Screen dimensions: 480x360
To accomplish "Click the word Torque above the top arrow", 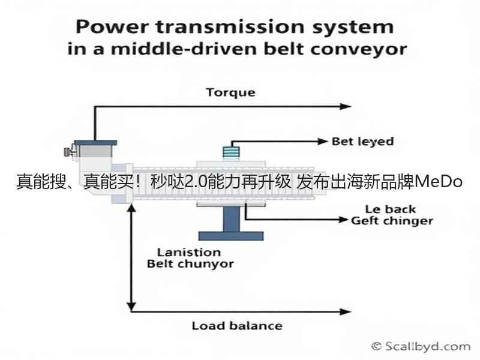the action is [x=230, y=93].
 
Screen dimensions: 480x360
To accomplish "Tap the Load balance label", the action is [x=237, y=326].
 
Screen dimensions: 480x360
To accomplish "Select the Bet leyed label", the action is [x=363, y=142].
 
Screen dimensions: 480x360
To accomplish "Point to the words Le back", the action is [x=391, y=209].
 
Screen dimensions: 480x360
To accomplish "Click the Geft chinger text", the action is [x=392, y=221].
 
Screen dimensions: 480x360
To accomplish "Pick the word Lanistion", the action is [x=189, y=252].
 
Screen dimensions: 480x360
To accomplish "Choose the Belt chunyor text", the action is [x=190, y=263].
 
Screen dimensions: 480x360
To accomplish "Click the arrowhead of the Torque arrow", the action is [x=346, y=107].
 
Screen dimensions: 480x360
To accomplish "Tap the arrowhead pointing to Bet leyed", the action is [x=323, y=142].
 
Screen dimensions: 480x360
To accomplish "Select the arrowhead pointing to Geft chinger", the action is [x=343, y=220].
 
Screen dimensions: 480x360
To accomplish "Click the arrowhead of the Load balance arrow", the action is [x=346, y=311].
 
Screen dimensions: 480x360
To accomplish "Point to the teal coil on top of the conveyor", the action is [x=231, y=153].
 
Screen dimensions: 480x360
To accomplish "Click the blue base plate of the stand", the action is [x=231, y=236].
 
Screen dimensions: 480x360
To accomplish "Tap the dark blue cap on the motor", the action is [x=95, y=143].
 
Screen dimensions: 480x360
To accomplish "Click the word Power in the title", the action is [x=112, y=27].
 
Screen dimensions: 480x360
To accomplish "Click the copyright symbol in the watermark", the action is [x=376, y=347].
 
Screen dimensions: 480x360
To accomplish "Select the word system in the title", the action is [x=353, y=28].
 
